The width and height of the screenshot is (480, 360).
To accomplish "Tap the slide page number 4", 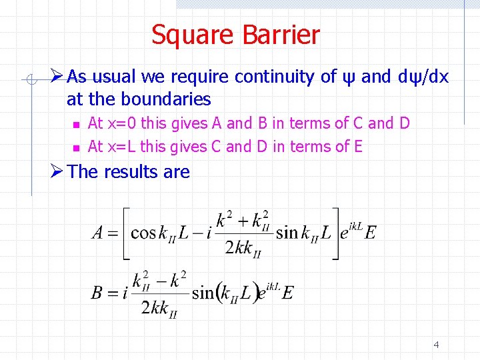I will tap(436, 345).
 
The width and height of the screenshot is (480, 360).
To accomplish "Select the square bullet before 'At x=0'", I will tap(76, 125).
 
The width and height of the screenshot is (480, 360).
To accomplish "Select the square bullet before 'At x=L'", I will tap(76, 147).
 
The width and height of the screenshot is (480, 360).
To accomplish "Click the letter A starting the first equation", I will tap(99, 233).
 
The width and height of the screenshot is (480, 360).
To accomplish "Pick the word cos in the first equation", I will tap(143, 233).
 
